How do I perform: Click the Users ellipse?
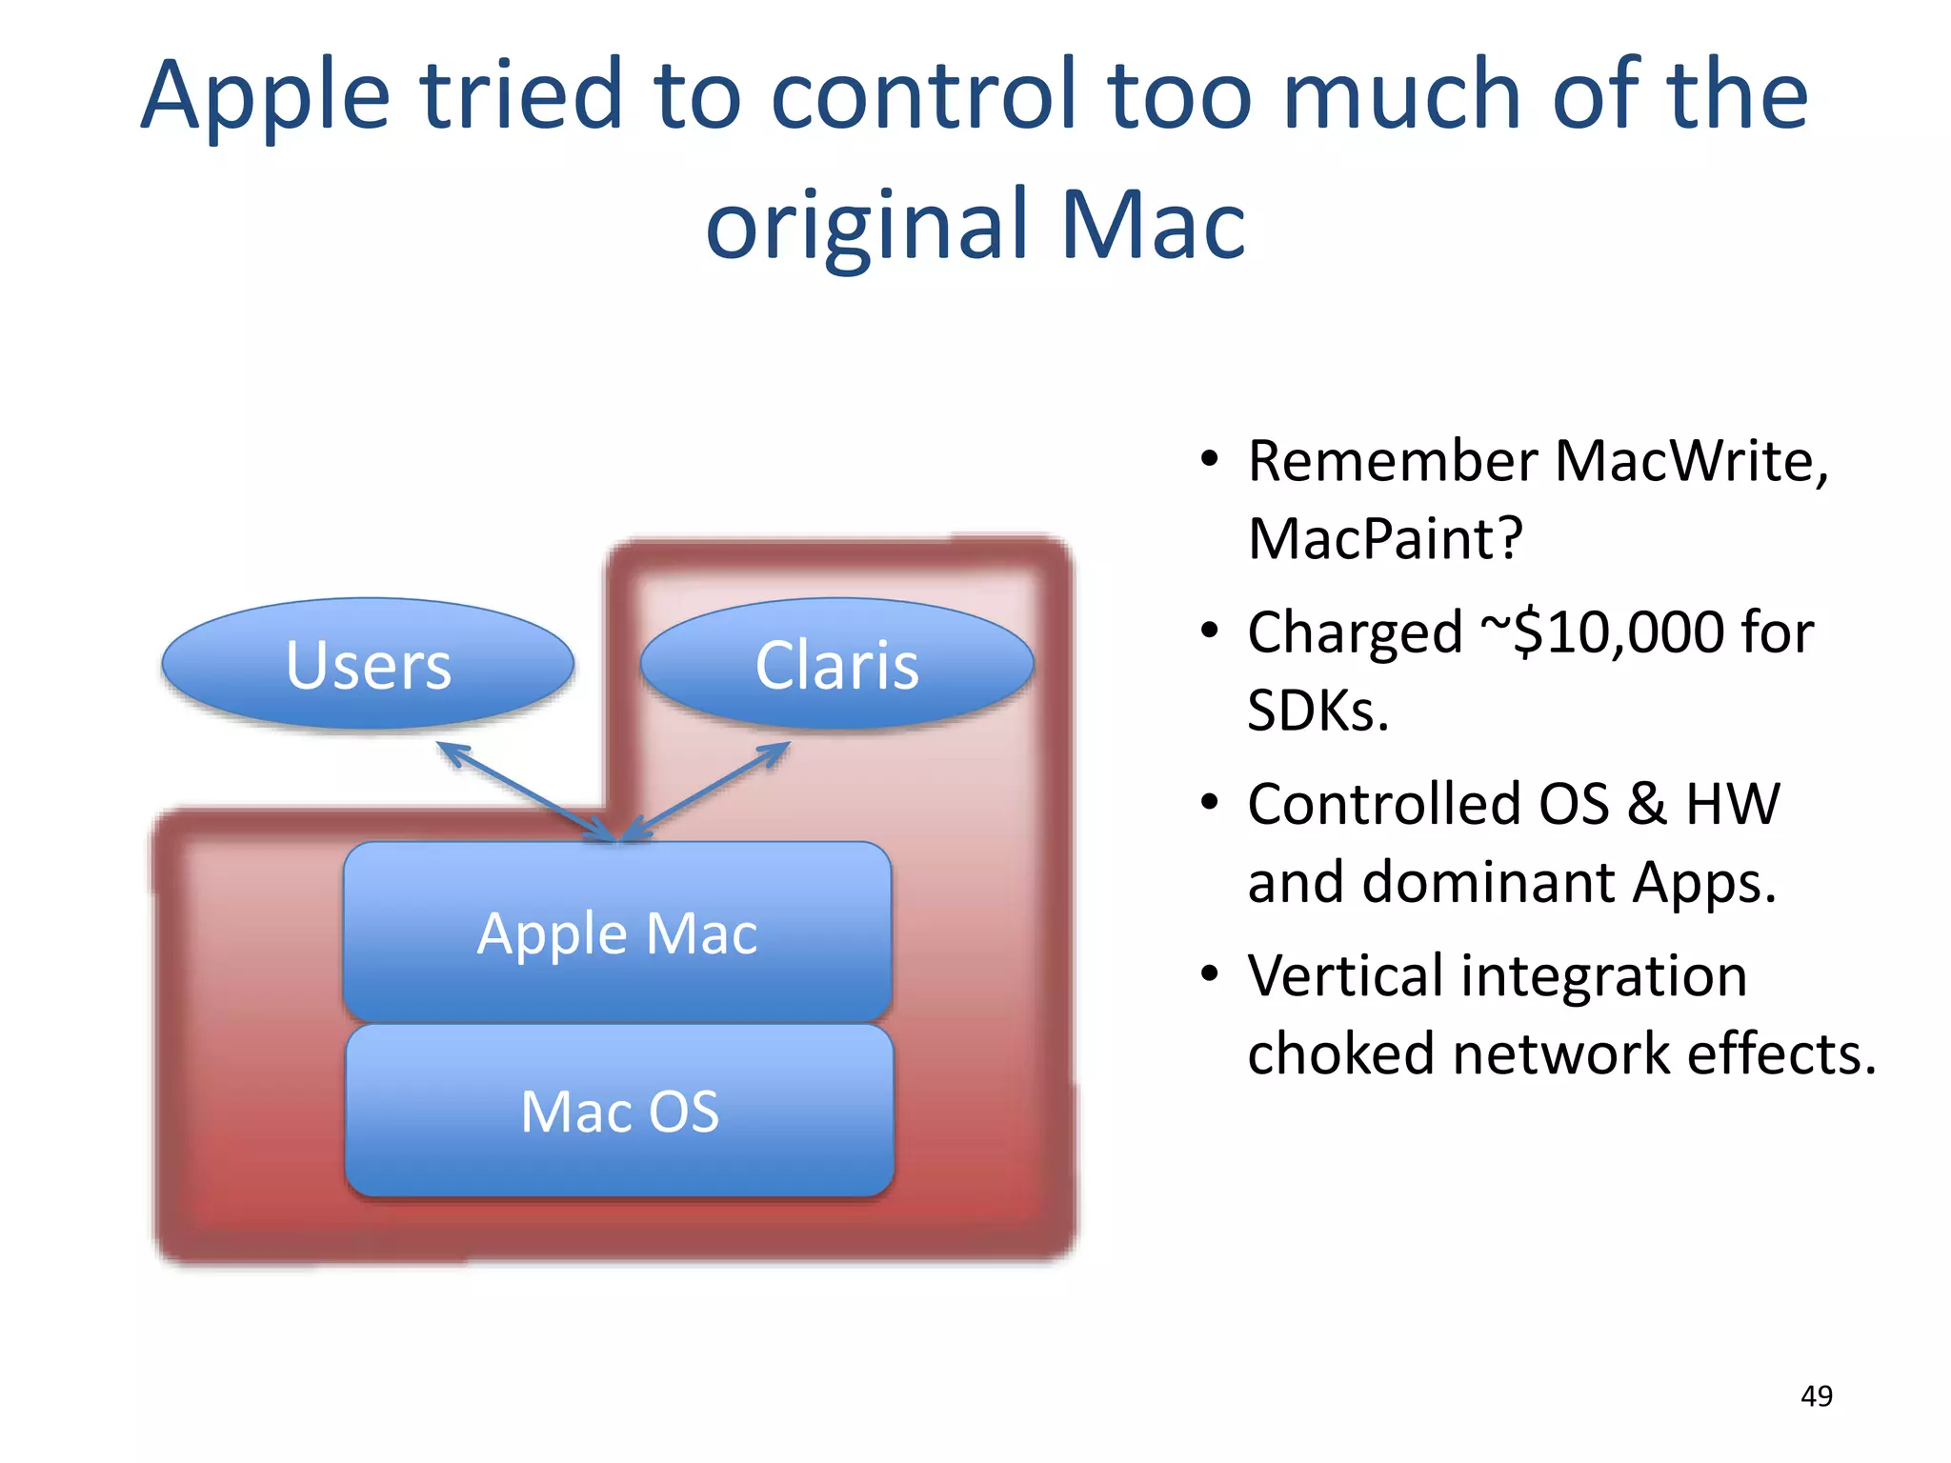(368, 664)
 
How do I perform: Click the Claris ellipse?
(836, 664)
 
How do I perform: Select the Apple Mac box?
(617, 932)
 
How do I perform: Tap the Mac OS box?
(619, 1111)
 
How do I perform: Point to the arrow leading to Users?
(524, 791)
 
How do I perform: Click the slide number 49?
(1816, 1396)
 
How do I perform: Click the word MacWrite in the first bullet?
(1690, 461)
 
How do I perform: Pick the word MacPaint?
(1385, 539)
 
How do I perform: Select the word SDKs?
(1317, 711)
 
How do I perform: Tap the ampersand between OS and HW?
(1646, 804)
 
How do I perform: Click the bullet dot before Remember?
(1209, 459)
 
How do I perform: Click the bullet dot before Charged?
(1209, 631)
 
